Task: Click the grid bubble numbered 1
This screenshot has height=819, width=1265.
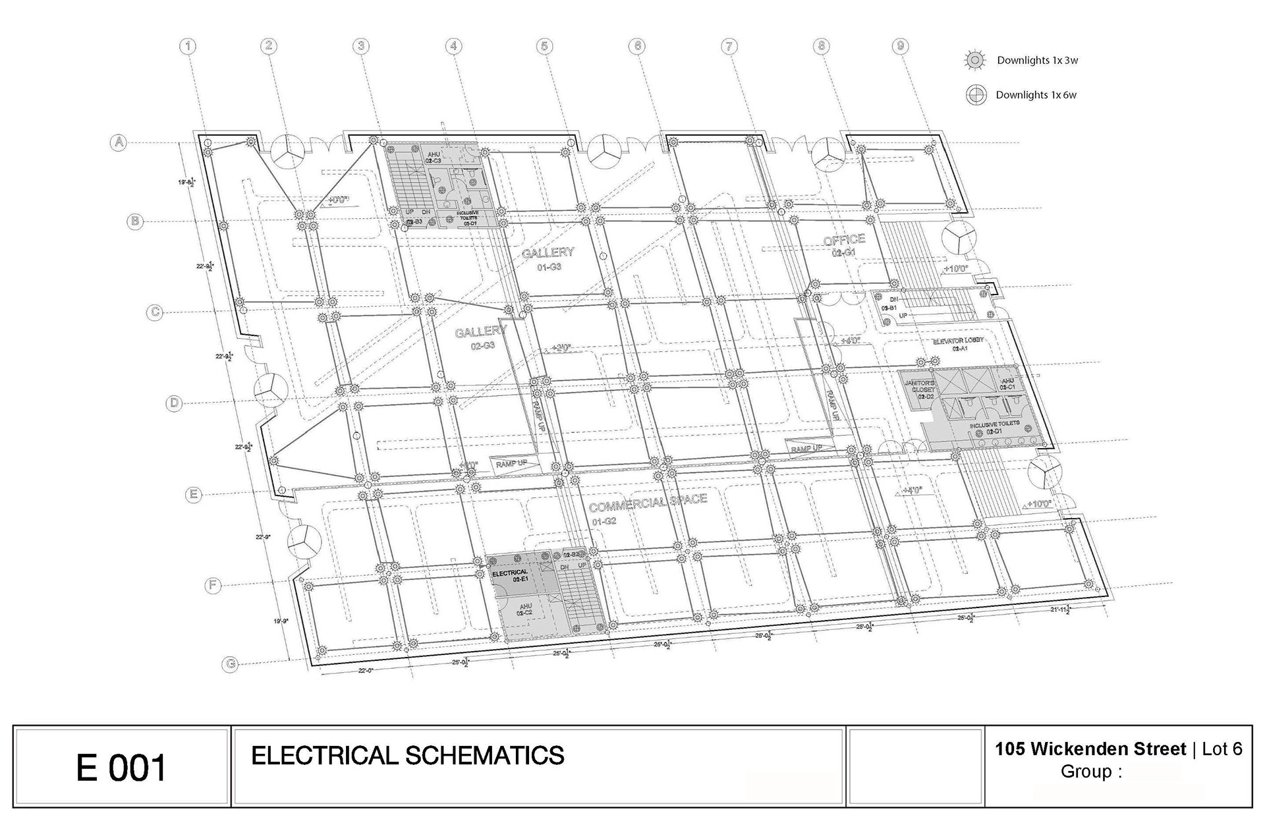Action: point(188,46)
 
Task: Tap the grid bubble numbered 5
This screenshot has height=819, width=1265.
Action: point(544,46)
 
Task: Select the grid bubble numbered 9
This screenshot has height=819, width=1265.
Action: point(900,46)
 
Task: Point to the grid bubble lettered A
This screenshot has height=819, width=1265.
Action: point(119,142)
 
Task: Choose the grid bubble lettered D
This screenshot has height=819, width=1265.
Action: point(173,403)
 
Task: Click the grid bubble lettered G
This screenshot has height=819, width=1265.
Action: point(231,664)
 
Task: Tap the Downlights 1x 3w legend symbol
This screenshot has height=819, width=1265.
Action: point(974,61)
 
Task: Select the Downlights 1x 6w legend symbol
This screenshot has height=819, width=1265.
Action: point(976,95)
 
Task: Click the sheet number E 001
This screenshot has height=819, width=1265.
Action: point(121,768)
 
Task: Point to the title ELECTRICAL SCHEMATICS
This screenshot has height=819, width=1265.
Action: point(408,755)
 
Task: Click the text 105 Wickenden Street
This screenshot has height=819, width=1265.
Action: point(1090,749)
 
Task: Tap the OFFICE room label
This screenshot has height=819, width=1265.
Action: point(844,240)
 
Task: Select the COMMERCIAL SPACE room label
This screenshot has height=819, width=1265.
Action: point(648,503)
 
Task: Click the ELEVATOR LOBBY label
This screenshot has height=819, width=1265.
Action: point(958,341)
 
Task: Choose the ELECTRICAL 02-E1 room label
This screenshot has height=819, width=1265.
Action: point(510,575)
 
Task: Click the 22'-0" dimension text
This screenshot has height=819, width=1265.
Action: point(366,670)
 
